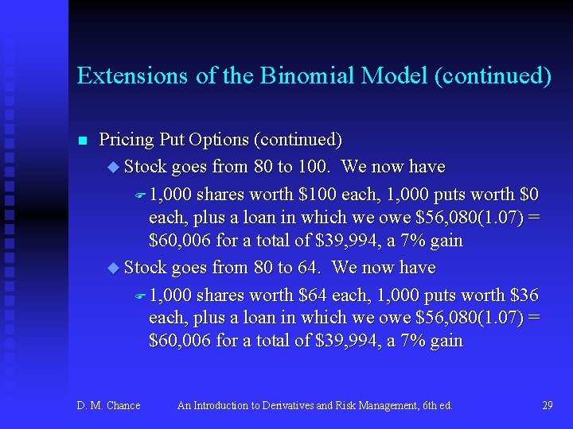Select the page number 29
pos(547,405)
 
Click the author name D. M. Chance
pos(108,405)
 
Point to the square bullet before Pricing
pos(81,141)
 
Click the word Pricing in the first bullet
pos(126,140)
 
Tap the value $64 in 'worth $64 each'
pos(313,295)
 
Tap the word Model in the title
pos(396,75)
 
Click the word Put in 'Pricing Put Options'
pos(171,140)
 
